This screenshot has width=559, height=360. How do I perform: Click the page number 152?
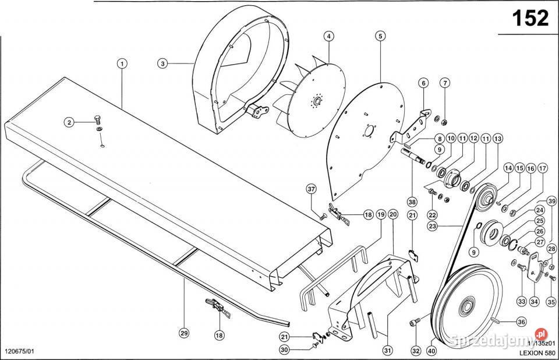(530, 19)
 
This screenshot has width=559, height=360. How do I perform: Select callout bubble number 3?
(162, 63)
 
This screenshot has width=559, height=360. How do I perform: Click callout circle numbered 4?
(329, 37)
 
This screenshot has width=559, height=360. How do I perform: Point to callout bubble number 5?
(380, 37)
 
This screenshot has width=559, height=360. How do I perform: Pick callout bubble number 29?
(183, 334)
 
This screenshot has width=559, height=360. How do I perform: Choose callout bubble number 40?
(431, 351)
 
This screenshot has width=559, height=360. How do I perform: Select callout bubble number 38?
(412, 202)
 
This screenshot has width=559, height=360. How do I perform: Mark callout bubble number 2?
(69, 122)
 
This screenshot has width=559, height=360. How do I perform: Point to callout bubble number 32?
(415, 351)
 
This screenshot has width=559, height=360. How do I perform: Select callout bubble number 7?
(444, 83)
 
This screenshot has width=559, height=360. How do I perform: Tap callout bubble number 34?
(534, 302)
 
